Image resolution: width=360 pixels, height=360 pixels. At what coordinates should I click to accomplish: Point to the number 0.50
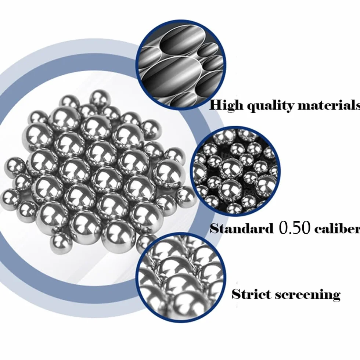pyautogui.click(x=295, y=228)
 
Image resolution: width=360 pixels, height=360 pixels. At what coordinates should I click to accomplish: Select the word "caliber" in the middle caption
pyautogui.click(x=337, y=228)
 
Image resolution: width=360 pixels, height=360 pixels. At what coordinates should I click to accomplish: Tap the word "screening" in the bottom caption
pyautogui.click(x=308, y=295)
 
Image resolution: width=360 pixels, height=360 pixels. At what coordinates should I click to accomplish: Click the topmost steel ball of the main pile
pyautogui.click(x=100, y=99)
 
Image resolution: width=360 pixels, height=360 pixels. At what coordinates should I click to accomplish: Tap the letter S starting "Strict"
pyautogui.click(x=236, y=294)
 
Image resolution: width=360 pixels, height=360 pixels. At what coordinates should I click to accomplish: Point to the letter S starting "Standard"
pyautogui.click(x=215, y=228)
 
